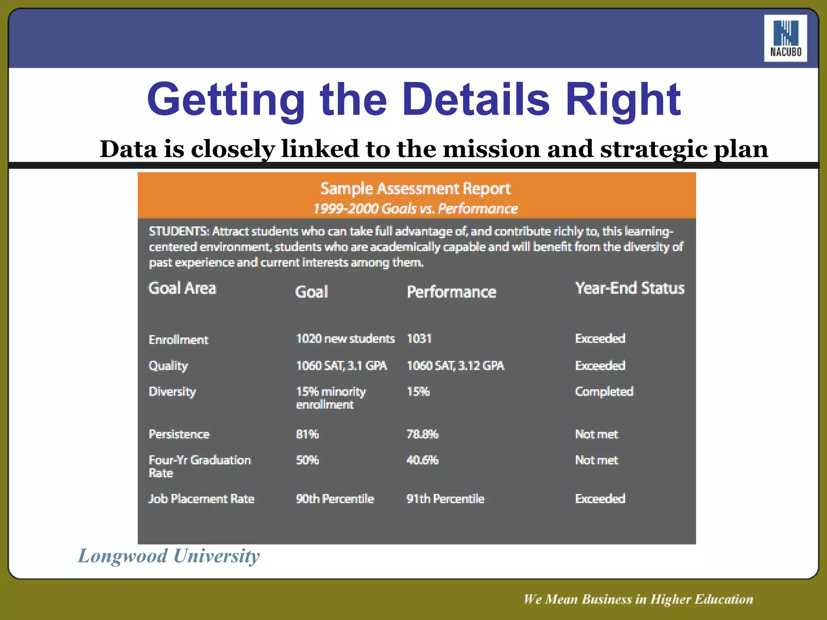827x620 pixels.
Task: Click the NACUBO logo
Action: [x=785, y=38]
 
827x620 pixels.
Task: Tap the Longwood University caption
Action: [x=168, y=556]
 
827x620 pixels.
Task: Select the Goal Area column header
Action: [x=182, y=288]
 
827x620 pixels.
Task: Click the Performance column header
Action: [x=451, y=292]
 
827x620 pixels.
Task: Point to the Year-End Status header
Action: [x=629, y=288]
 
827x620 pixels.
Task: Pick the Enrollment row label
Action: [x=178, y=339]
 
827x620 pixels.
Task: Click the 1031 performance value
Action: [x=419, y=338]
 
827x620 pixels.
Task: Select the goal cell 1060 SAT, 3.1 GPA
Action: [x=341, y=366]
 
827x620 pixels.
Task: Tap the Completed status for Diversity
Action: [x=604, y=392]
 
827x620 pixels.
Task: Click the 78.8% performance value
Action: [x=422, y=434]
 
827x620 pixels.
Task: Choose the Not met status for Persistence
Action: [x=596, y=434]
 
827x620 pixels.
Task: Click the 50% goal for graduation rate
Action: [x=307, y=460]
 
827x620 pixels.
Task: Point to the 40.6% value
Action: [x=422, y=460]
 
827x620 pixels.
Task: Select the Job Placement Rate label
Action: [x=201, y=499]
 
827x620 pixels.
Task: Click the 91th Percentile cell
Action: [x=445, y=499]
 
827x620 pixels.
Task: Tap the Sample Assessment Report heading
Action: [x=415, y=189]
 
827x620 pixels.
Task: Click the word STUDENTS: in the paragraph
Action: [x=178, y=231]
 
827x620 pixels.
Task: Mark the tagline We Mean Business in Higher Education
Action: [x=638, y=599]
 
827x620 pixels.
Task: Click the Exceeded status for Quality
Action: [x=600, y=366]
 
